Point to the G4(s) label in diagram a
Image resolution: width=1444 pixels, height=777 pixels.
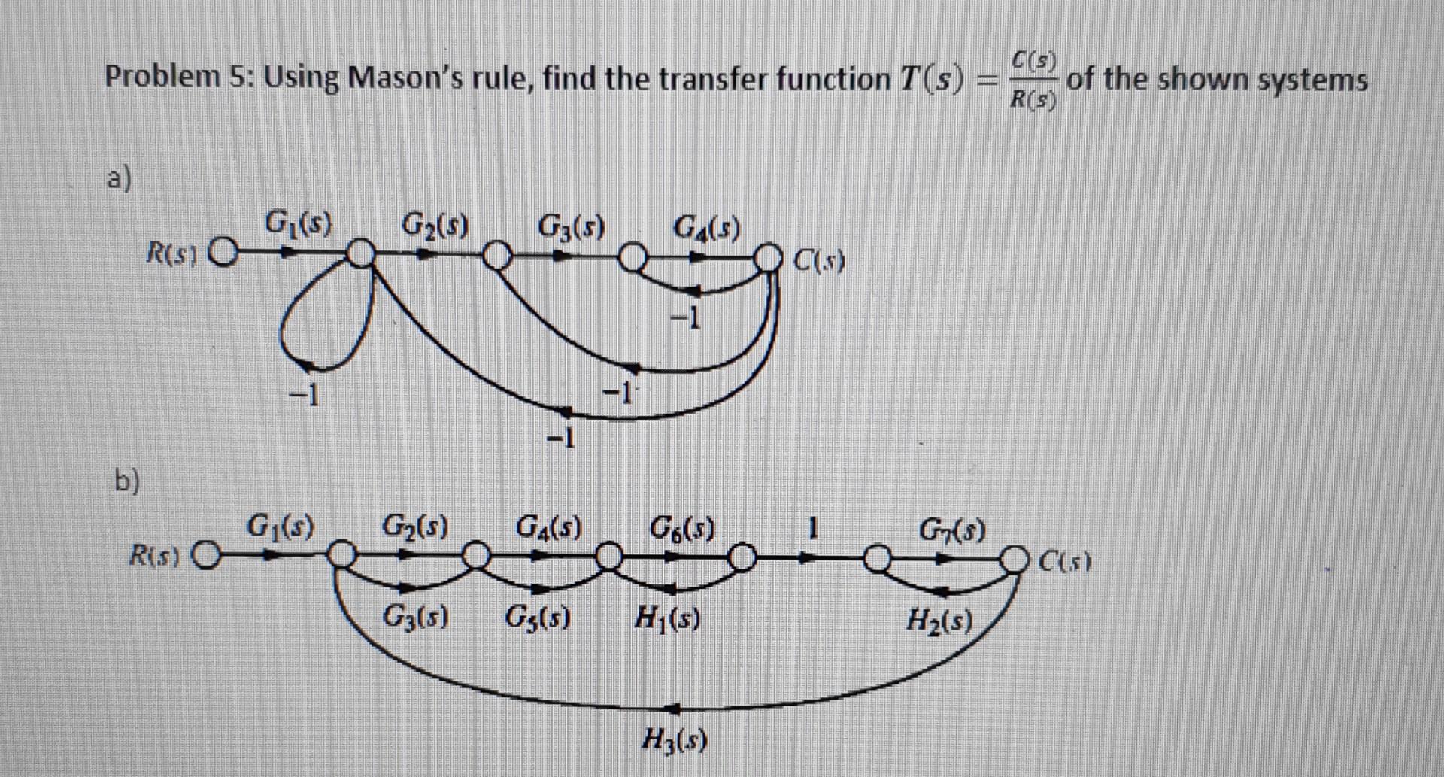click(706, 225)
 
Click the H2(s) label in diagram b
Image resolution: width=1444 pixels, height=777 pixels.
click(939, 621)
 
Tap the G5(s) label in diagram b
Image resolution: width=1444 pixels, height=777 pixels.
click(536, 619)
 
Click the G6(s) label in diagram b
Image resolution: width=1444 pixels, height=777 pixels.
click(682, 526)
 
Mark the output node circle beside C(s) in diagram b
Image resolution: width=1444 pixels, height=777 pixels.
click(1018, 560)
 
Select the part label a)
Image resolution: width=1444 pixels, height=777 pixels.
click(118, 181)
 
